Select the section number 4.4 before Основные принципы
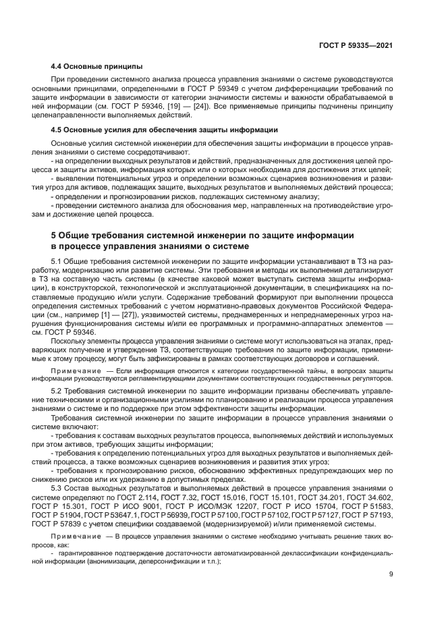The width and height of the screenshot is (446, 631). pyautogui.click(x=57, y=66)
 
